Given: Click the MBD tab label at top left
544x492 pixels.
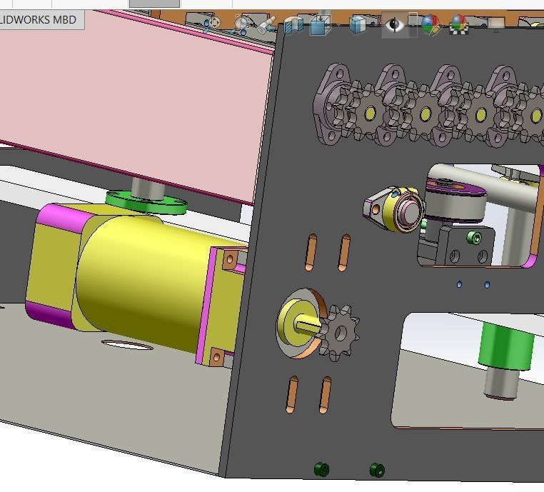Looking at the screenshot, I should [39, 19].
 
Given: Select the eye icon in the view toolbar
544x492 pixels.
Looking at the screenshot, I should [393, 25].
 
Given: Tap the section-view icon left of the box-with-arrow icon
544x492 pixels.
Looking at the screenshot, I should [293, 26].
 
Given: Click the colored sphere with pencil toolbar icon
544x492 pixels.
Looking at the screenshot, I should [430, 25].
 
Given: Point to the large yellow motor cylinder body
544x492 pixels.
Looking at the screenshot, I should [143, 278].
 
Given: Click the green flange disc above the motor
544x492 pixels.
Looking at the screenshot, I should [146, 202].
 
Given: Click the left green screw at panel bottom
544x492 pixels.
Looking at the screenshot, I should [321, 469].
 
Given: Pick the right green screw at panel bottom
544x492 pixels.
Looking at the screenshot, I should [377, 470].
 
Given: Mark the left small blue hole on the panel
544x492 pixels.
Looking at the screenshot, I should [459, 284].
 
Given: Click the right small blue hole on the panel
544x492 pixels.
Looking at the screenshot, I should [487, 285].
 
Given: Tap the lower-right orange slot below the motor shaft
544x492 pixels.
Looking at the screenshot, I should [325, 396].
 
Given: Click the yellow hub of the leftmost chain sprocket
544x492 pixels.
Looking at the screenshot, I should [370, 113].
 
